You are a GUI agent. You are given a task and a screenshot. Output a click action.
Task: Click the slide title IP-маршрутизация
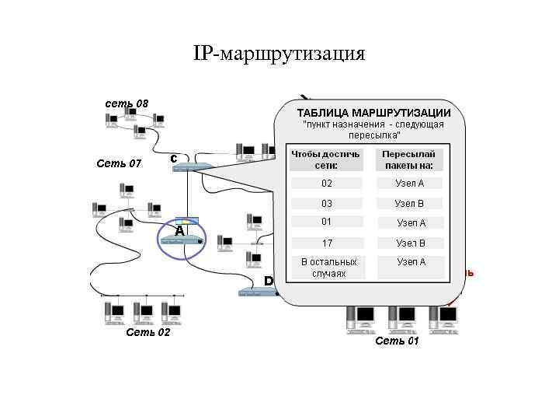[279, 54]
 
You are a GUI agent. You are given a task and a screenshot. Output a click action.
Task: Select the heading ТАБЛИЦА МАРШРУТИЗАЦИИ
[373, 113]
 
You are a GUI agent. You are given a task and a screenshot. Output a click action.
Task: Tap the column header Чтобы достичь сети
[325, 159]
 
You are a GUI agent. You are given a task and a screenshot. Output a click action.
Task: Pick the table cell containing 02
[326, 184]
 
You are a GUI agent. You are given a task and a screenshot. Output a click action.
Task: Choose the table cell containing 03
[326, 203]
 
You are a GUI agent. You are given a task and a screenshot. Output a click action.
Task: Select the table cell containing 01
[326, 222]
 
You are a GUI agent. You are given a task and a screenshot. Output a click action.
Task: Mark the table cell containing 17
[326, 243]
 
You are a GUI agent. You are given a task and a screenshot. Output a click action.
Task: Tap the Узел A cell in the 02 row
[410, 184]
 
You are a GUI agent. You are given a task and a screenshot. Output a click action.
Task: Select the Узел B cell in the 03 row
[410, 203]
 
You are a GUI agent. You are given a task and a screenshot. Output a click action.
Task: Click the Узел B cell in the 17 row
[410, 243]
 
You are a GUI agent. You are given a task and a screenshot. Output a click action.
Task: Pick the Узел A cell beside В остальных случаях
[410, 262]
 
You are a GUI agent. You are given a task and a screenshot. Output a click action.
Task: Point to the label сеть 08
[127, 103]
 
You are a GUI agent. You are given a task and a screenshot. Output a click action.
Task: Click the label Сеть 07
[119, 163]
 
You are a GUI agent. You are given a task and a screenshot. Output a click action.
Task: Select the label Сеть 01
[396, 341]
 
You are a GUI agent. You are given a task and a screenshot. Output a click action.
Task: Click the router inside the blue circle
[181, 241]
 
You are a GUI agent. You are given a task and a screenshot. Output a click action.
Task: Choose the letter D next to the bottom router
[269, 280]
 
